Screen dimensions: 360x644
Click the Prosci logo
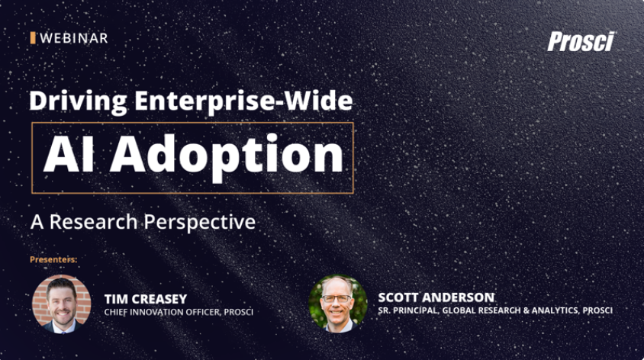tap(581, 42)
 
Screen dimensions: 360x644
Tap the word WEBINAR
tap(73, 37)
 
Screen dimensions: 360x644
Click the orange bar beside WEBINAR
tap(33, 37)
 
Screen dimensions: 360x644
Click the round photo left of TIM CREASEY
tap(62, 303)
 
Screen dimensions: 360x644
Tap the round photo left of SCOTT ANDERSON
tap(338, 303)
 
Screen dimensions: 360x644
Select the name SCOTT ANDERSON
tap(436, 297)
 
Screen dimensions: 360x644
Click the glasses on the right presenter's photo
tap(337, 297)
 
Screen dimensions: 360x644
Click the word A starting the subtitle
tap(36, 222)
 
